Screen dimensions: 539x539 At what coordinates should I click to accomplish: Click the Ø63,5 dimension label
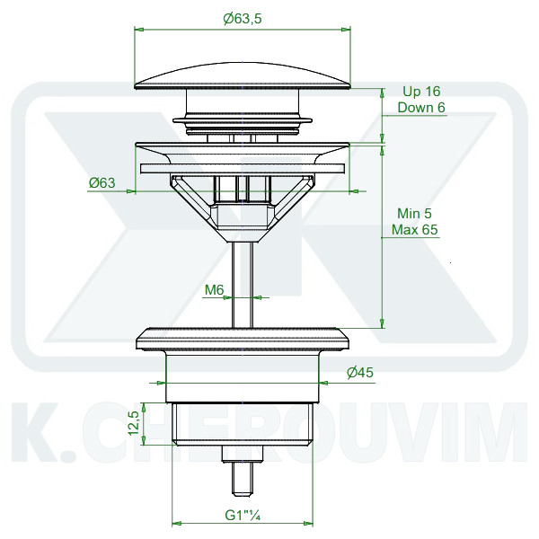point(243,19)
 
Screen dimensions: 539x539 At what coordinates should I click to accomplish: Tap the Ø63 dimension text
point(102,182)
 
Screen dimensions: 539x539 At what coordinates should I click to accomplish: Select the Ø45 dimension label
point(360,372)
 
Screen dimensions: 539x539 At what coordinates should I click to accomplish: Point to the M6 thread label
point(214,290)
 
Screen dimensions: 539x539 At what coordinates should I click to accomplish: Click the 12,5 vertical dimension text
point(135,423)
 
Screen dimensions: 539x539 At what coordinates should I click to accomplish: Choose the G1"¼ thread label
point(243,515)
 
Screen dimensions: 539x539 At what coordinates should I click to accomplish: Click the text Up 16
point(421,91)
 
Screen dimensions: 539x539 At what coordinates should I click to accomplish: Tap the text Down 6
point(421,107)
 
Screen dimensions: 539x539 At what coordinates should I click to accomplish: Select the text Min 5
point(414,213)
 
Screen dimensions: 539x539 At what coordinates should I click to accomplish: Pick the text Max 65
point(415,229)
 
